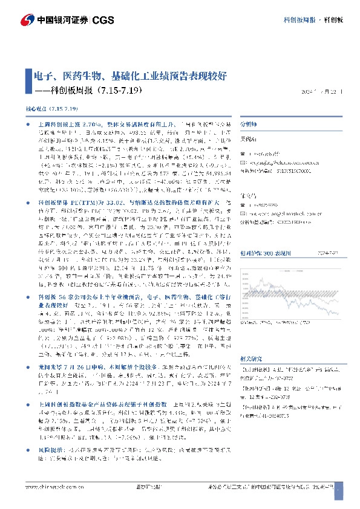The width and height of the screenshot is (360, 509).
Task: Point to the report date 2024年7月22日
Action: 322,91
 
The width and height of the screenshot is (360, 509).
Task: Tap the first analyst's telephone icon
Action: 243,154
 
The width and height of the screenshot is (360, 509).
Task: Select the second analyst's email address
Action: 283,214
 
